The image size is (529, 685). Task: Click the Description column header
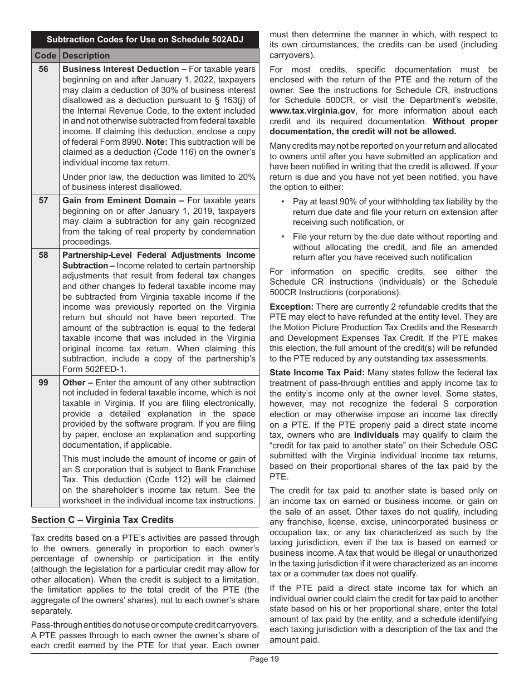pyautogui.click(x=86, y=56)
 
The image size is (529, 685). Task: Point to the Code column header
pyautogui.click(x=45, y=56)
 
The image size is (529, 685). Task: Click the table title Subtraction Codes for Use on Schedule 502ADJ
pyautogui.click(x=145, y=40)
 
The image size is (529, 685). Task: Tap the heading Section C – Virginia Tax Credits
pyautogui.click(x=102, y=520)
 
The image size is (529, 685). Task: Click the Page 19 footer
pyautogui.click(x=264, y=659)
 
